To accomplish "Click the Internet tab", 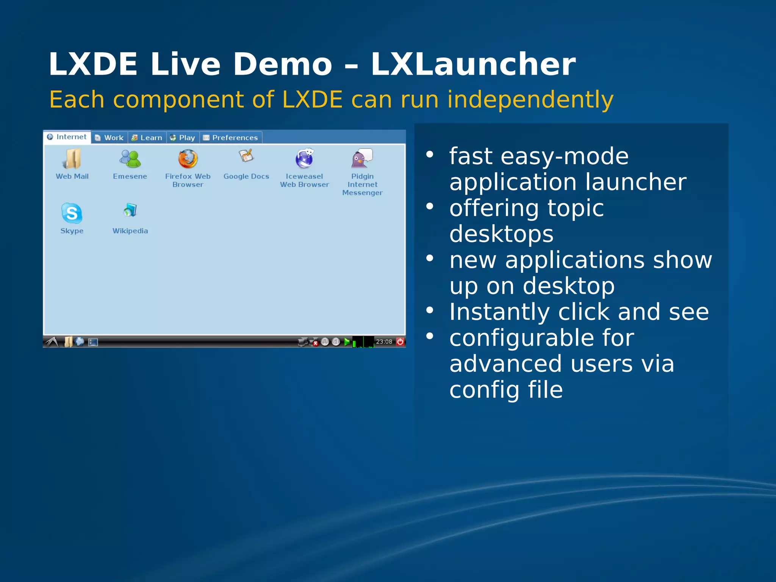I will tap(67, 137).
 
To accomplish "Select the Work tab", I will tap(109, 138).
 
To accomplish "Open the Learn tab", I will tap(147, 138).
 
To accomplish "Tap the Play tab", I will tap(183, 138).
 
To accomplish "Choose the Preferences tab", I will tap(231, 138).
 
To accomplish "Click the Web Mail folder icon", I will tap(72, 159).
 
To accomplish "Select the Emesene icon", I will tap(130, 159).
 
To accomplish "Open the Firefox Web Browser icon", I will tap(188, 159).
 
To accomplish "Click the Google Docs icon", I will tap(246, 156).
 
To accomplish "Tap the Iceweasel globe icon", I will tap(304, 158).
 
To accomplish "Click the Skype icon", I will tap(72, 213).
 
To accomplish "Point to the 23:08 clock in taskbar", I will tap(384, 342).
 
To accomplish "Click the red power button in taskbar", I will tap(400, 342).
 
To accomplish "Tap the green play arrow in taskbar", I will tap(347, 342).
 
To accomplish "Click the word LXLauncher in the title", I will tap(473, 64).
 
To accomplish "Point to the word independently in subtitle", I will tap(530, 100).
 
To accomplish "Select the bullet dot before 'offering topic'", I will tap(429, 207).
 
